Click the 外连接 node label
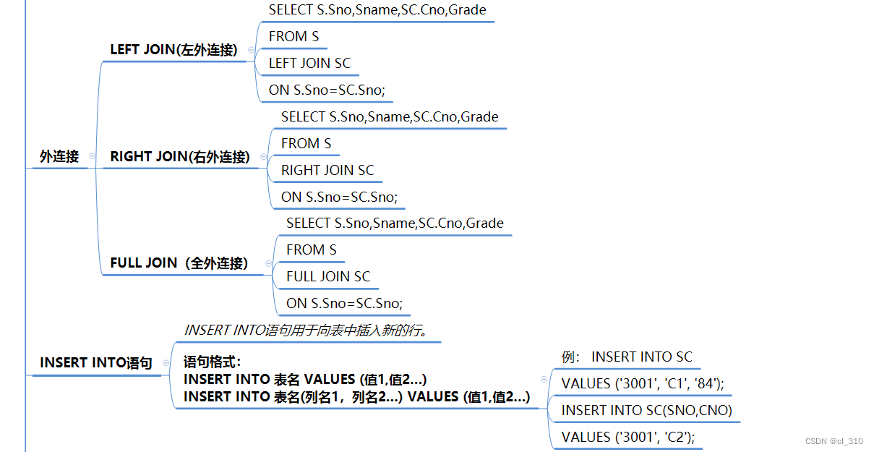pos(59,156)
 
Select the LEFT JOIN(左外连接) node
pos(173,50)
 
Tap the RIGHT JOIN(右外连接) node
pos(180,156)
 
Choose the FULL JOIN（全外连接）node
pos(179,263)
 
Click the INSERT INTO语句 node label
pos(96,363)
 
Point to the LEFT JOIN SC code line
pos(309,64)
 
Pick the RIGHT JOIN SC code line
pos(327,171)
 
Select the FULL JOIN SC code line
pos(328,277)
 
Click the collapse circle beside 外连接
pos(92,156)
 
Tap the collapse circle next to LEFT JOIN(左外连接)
pos(251,50)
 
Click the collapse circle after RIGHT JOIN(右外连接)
pos(263,156)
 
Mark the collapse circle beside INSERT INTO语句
pos(166,363)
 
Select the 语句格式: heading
pos(213,362)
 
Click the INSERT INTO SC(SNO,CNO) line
pos(647,411)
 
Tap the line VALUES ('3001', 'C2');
pos(627,438)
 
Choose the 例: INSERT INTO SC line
pos(627,357)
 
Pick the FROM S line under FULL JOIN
pos(312,250)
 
